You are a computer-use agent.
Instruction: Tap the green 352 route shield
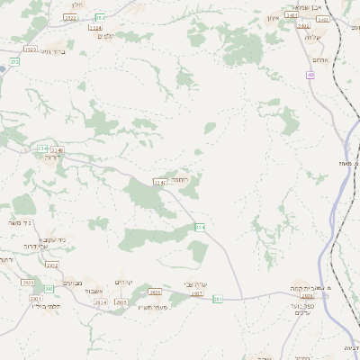point(100,17)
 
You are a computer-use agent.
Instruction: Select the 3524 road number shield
point(95,28)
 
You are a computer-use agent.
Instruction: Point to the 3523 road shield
point(31,49)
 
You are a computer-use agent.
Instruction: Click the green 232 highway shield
point(13,61)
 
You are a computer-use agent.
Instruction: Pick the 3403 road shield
point(292,14)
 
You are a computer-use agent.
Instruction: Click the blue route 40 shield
point(310,75)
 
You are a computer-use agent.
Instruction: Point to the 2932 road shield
point(51,265)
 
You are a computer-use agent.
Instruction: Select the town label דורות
point(51,157)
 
